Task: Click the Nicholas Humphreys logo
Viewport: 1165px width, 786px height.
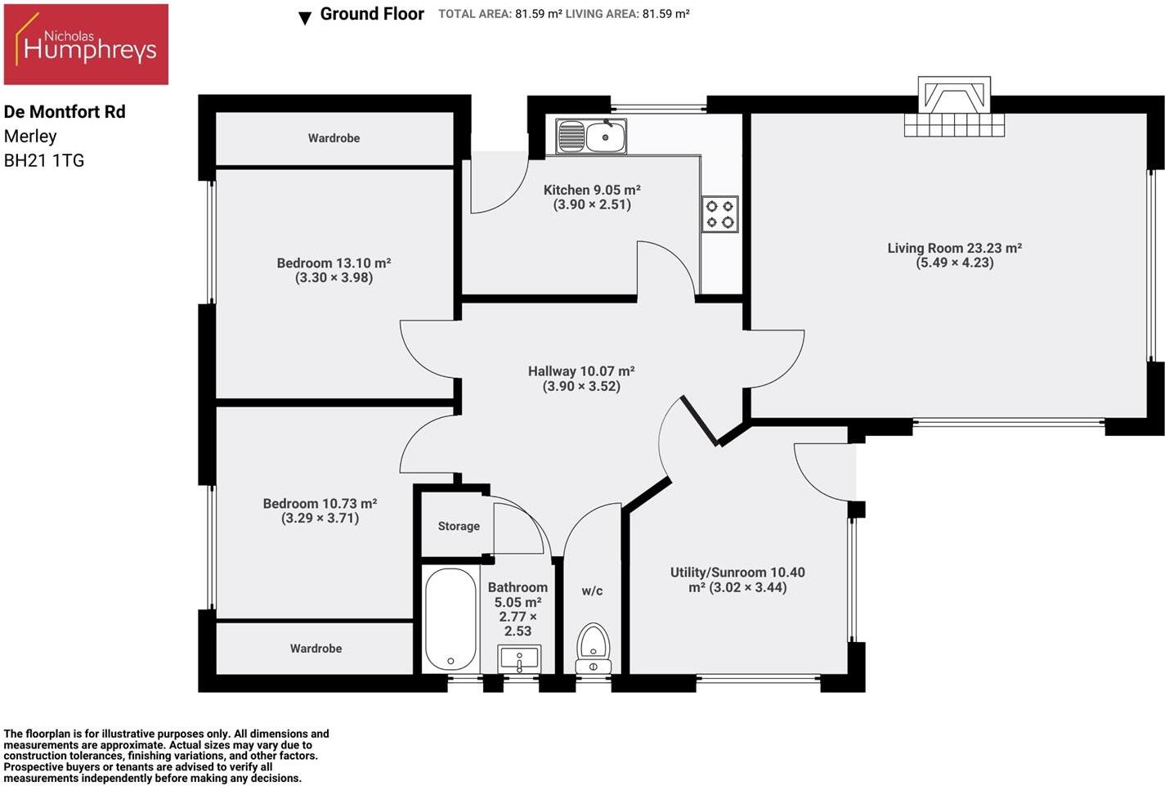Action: [86, 44]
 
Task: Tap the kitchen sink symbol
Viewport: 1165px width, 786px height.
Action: [591, 137]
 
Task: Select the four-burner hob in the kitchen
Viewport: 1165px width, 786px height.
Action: [720, 214]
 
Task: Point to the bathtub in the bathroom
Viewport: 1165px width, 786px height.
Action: [450, 619]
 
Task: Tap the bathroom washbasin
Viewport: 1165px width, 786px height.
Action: [519, 658]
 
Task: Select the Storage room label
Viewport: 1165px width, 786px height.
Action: [459, 526]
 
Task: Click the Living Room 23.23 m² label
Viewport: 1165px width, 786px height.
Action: [955, 248]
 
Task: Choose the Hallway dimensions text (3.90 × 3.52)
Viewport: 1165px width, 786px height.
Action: [581, 386]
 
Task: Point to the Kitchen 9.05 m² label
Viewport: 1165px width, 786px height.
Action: [592, 190]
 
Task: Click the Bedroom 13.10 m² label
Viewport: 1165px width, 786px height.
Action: [334, 263]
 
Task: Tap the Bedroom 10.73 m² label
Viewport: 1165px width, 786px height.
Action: [320, 503]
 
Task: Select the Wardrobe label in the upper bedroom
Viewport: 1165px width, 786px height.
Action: [334, 138]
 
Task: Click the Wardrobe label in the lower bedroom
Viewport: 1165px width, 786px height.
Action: [316, 649]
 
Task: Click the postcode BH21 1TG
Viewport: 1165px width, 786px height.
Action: [44, 160]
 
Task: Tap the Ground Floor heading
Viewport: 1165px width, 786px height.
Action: [372, 14]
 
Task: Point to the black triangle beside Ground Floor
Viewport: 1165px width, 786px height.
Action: [305, 18]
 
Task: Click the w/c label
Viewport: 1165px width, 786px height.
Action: [592, 591]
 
